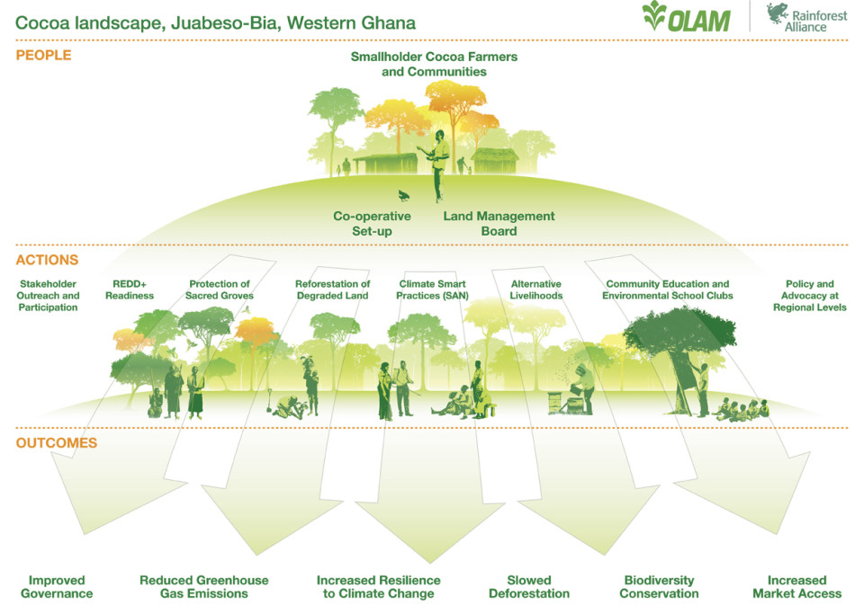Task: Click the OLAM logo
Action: [686, 16]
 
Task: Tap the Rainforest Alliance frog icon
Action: [777, 13]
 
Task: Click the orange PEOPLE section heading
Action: [43, 55]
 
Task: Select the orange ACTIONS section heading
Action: [47, 260]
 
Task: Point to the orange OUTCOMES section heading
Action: [56, 443]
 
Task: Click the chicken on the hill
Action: [404, 195]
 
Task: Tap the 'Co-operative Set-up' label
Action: [372, 224]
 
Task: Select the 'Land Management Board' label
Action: [499, 224]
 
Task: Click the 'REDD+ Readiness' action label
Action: [130, 289]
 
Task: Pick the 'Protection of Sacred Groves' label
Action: [220, 289]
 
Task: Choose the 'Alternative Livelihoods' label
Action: [536, 289]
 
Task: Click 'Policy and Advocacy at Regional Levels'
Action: [809, 296]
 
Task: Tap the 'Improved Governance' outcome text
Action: [57, 587]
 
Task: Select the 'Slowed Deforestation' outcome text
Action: [529, 587]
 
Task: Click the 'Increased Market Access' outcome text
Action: [796, 587]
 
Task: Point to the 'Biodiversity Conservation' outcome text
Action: [659, 587]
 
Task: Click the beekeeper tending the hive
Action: [583, 388]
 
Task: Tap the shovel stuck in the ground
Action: [269, 400]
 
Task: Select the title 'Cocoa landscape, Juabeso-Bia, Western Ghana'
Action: [215, 23]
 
